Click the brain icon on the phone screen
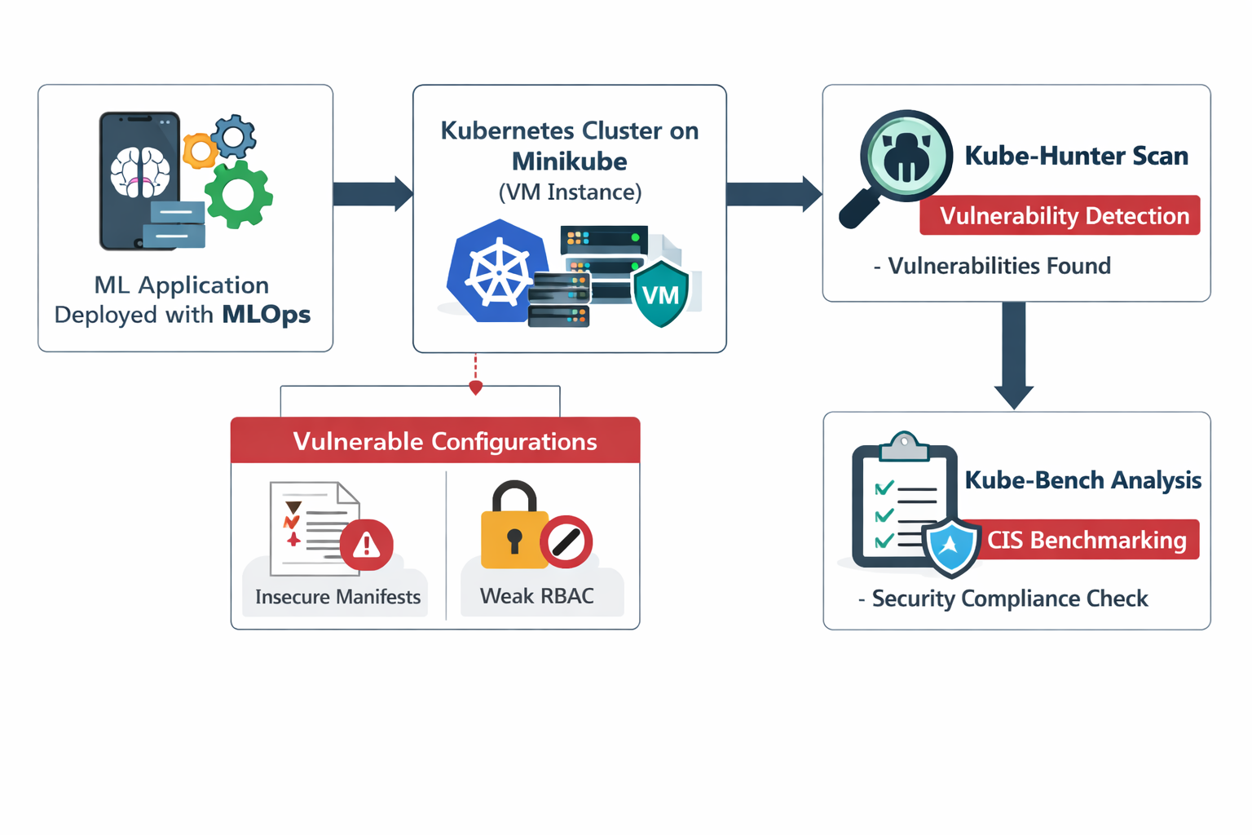[x=140, y=172]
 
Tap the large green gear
[x=238, y=194]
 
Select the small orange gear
[x=200, y=151]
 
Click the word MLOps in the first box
[x=266, y=315]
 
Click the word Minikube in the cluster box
[x=569, y=161]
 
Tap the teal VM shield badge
[x=660, y=294]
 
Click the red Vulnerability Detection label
[x=1060, y=216]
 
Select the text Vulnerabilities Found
[x=999, y=267]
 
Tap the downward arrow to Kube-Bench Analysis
[x=1014, y=355]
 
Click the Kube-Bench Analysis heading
[x=1082, y=480]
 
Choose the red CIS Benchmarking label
[x=1087, y=540]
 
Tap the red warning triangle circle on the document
[x=367, y=544]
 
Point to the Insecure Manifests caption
[x=337, y=597]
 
